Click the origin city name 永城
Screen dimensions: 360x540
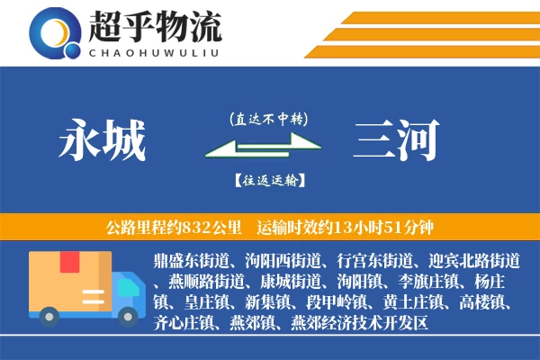(x=102, y=139)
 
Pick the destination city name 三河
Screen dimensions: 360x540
(x=397, y=139)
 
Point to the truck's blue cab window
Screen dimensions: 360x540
(x=126, y=274)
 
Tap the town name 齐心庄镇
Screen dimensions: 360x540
(x=185, y=321)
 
